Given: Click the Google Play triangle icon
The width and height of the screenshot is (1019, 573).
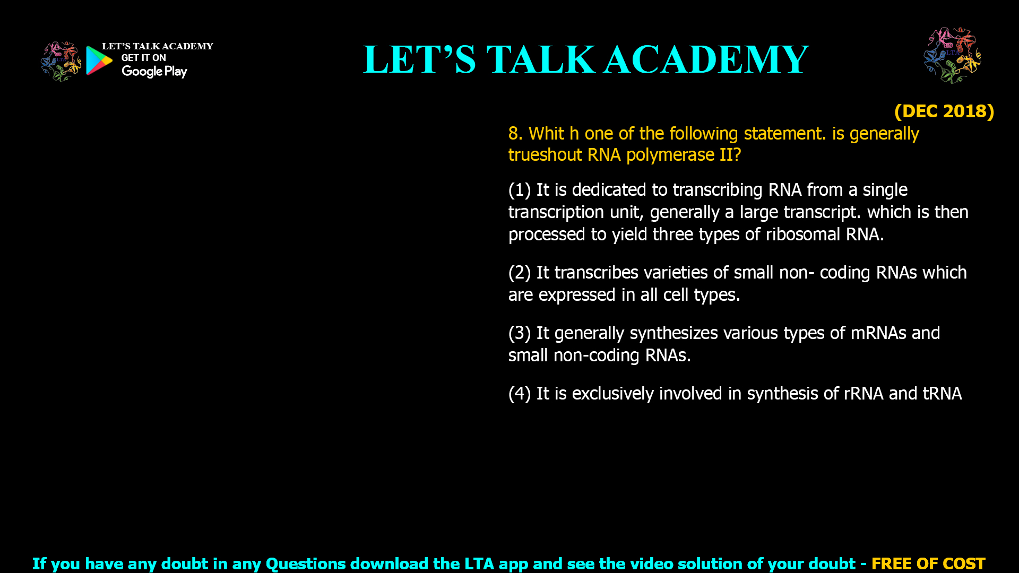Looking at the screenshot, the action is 99,60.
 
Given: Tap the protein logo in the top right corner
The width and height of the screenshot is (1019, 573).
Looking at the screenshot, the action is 952,55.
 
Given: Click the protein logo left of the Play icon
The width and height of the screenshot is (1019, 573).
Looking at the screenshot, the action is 61,62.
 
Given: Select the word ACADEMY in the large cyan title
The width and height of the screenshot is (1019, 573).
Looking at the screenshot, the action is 706,59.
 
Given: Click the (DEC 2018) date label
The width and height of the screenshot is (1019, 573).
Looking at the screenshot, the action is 944,111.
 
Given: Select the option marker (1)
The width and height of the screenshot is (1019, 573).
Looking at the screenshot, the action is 520,190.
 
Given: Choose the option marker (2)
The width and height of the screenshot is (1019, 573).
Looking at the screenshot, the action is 520,273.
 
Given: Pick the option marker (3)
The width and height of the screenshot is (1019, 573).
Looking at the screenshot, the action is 520,333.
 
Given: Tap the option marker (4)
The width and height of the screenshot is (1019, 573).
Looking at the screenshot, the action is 520,394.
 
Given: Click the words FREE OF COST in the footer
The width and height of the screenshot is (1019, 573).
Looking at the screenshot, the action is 928,563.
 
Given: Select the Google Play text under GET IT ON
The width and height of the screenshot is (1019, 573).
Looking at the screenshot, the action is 154,72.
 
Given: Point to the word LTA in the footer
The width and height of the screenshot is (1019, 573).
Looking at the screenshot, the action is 479,563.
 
